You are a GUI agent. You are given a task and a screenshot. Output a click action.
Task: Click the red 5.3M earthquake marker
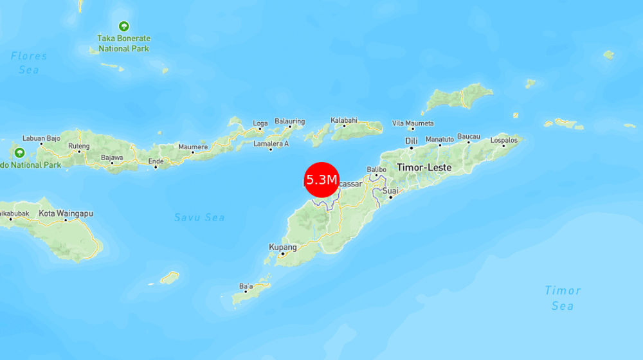321,179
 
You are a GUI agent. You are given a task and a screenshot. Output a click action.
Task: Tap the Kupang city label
283,248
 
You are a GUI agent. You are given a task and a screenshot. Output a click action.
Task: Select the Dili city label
412,141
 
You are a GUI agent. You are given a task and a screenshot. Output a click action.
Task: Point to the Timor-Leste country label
424,167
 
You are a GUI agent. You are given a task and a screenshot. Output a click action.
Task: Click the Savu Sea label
199,217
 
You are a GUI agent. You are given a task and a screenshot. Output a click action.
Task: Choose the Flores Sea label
29,62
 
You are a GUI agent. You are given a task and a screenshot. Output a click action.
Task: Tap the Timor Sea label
563,298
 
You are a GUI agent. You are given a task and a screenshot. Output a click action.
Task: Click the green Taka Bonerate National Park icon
123,26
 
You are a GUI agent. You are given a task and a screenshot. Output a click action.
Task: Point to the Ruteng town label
79,146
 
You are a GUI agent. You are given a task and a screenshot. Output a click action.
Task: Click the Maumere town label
193,147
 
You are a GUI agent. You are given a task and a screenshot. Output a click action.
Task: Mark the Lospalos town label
503,139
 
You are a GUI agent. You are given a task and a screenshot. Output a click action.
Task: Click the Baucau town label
468,137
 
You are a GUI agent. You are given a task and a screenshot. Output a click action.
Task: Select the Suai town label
390,191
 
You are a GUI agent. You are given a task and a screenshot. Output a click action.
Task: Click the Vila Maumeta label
413,123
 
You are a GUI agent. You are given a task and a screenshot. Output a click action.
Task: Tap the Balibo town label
376,169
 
